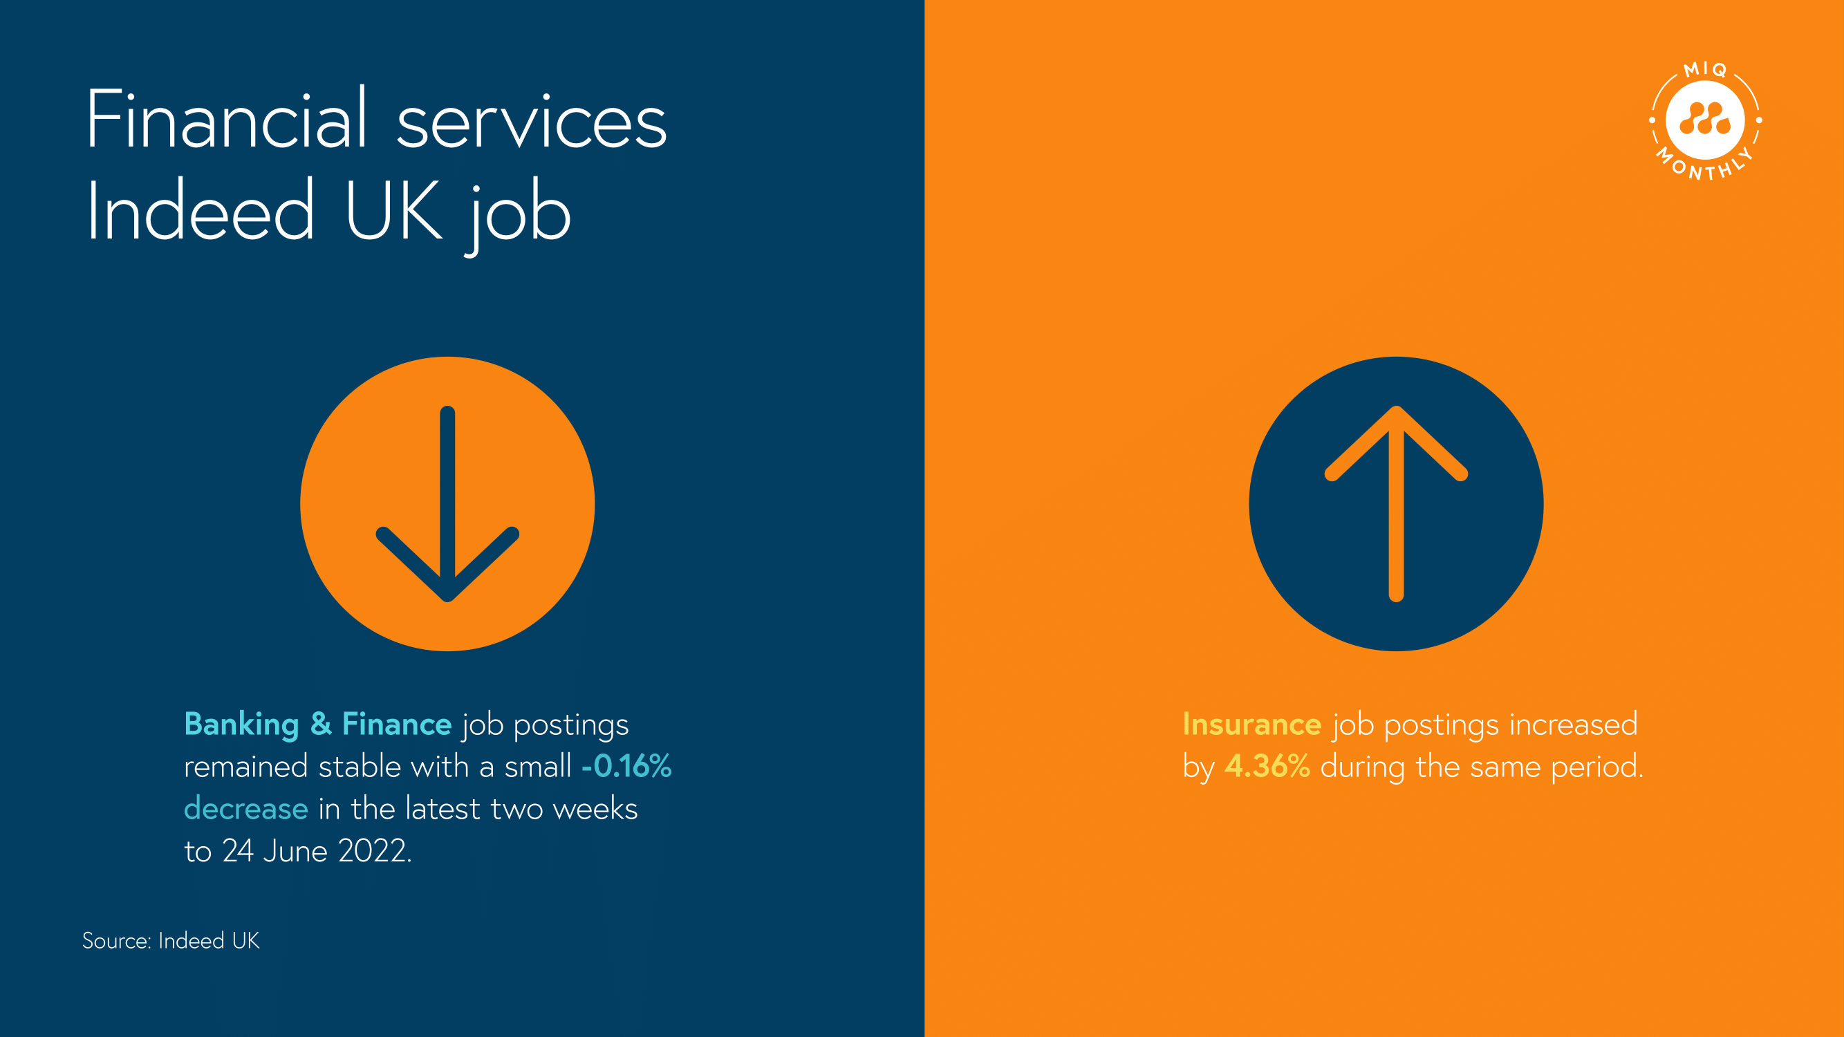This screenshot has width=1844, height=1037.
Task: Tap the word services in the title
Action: coord(532,122)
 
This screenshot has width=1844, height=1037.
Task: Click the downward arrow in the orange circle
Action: coord(447,504)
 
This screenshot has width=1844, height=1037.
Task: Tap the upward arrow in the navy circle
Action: coord(1396,504)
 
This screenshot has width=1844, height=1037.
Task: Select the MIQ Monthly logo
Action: coord(1705,120)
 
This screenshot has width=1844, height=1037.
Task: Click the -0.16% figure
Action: coord(626,767)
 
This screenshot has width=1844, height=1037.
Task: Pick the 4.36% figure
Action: coord(1267,767)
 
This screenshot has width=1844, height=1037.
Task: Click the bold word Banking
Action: coord(242,726)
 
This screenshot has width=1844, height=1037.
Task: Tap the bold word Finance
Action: coord(397,725)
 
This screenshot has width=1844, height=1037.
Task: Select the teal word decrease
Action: coord(246,809)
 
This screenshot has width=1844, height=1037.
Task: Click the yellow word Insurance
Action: coord(1252,725)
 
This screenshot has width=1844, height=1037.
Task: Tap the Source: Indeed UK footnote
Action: coord(171,940)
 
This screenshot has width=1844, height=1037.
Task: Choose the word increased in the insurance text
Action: coord(1574,725)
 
